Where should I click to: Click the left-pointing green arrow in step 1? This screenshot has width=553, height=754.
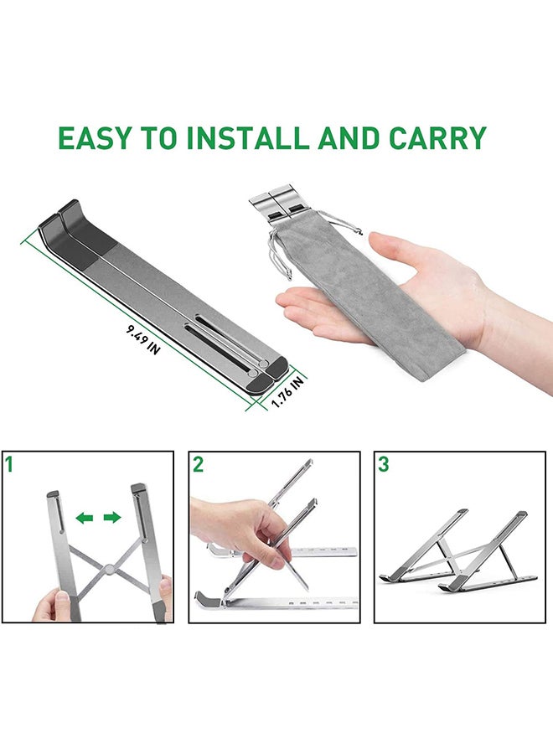click(84, 518)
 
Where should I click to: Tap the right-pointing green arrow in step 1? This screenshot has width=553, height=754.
click(112, 518)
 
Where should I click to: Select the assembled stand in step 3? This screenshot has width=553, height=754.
click(457, 553)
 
